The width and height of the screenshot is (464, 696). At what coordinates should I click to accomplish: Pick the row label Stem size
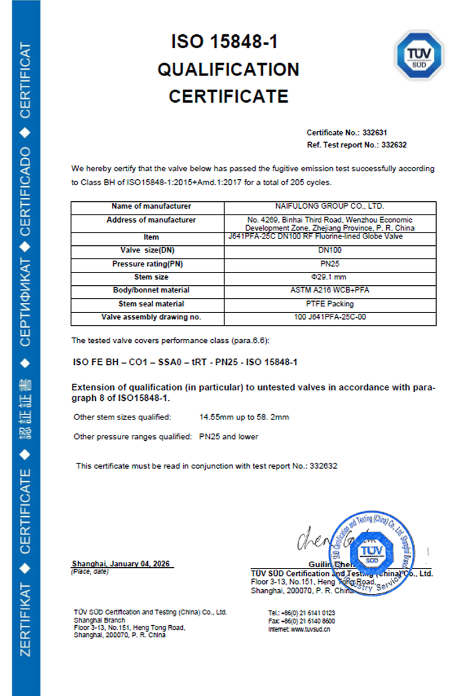(x=151, y=277)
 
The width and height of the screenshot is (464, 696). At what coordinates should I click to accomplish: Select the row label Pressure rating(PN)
(x=151, y=264)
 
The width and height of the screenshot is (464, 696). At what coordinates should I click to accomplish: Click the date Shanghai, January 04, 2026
(x=122, y=564)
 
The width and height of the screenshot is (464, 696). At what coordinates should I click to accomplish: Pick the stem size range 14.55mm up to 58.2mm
(x=244, y=417)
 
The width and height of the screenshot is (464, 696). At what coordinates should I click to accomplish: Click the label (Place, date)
(x=89, y=572)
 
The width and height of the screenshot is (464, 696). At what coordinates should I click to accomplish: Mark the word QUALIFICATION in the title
(x=229, y=70)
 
